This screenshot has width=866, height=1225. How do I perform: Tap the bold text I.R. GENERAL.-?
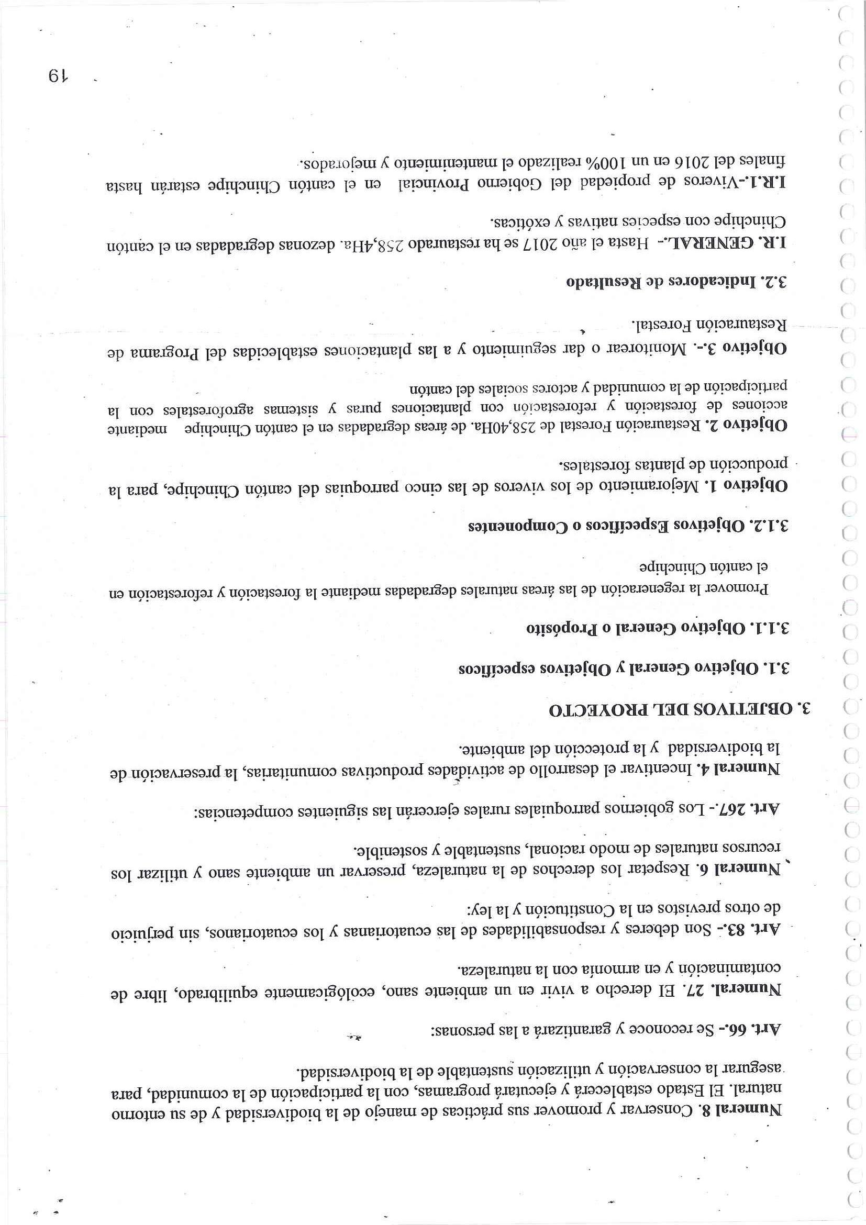pos(715,243)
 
